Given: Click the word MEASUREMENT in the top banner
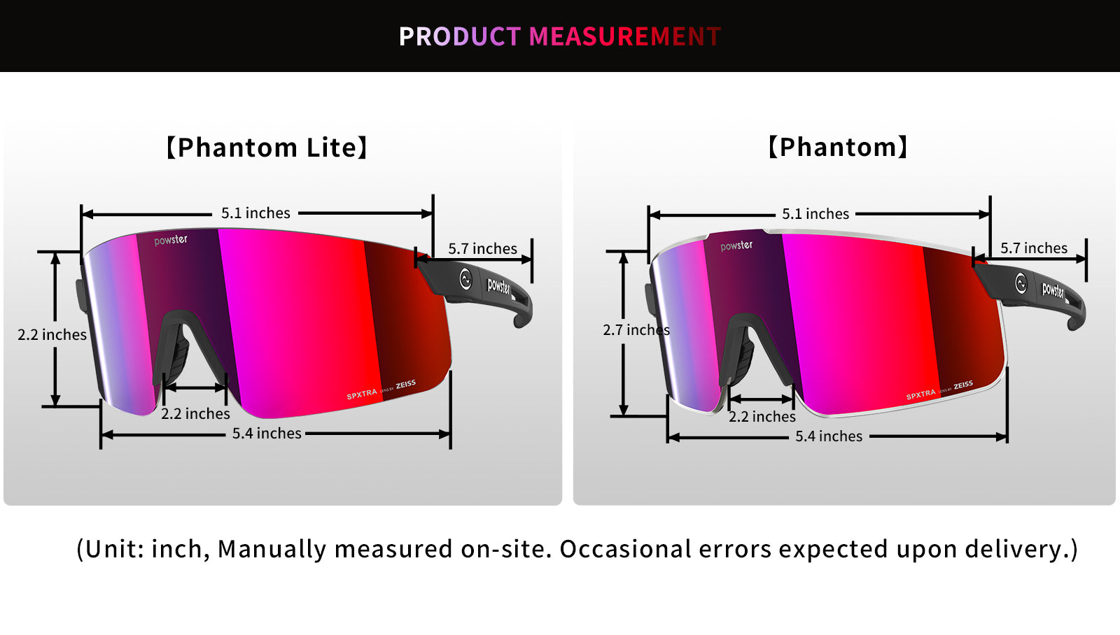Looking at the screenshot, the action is (625, 36).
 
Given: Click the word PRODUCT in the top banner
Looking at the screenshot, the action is (460, 36).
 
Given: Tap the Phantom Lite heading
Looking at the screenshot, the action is (267, 148).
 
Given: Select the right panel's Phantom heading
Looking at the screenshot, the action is (837, 147).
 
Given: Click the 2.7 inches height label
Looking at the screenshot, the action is (636, 330).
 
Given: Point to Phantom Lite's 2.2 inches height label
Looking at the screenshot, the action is (52, 334).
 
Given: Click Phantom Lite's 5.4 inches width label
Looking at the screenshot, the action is (267, 433).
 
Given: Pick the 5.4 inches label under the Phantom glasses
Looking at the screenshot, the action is (829, 436).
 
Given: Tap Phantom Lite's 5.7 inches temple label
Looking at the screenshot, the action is (482, 248).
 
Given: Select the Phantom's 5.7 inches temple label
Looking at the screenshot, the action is (1033, 248).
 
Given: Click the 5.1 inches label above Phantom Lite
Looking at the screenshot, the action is (255, 213).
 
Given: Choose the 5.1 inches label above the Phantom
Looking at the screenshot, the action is (815, 214).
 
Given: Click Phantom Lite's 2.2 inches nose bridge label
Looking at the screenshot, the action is (195, 414).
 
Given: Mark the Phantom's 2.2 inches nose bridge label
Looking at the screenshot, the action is (762, 416).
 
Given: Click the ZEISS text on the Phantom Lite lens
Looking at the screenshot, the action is (405, 384).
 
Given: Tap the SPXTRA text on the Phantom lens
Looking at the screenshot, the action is (920, 394).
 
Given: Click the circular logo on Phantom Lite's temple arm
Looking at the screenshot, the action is (465, 279).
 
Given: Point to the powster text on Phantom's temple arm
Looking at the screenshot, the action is (1053, 290).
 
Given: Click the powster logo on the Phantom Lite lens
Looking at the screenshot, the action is (171, 241).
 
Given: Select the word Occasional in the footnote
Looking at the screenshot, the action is (625, 548).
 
